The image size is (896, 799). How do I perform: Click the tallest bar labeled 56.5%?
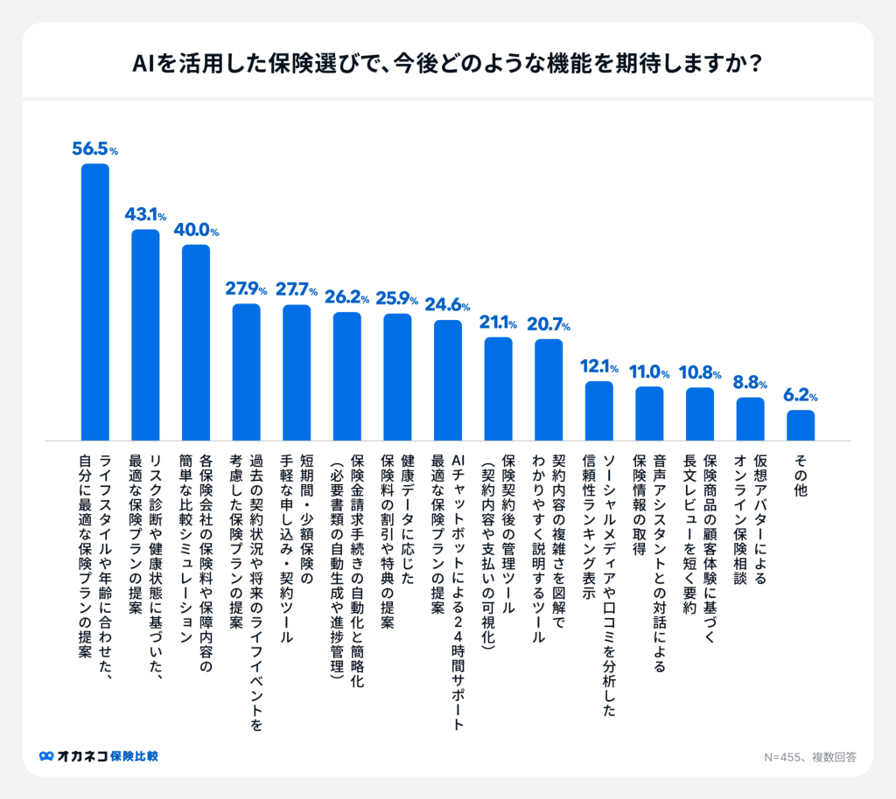pyautogui.click(x=95, y=302)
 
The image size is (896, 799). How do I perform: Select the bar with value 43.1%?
pyautogui.click(x=145, y=335)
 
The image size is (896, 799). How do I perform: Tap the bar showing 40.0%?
pyautogui.click(x=196, y=342)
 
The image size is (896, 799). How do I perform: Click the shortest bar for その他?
pyautogui.click(x=801, y=425)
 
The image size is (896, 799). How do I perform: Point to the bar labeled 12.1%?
pyautogui.click(x=599, y=410)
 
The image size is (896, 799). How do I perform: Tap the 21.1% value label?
pyautogui.click(x=499, y=323)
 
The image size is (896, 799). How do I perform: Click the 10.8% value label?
pyautogui.click(x=700, y=373)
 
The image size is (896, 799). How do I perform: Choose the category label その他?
pyautogui.click(x=801, y=476)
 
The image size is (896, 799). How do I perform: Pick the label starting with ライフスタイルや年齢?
pyautogui.click(x=95, y=568)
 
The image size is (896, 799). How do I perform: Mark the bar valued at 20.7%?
pyautogui.click(x=549, y=389)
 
